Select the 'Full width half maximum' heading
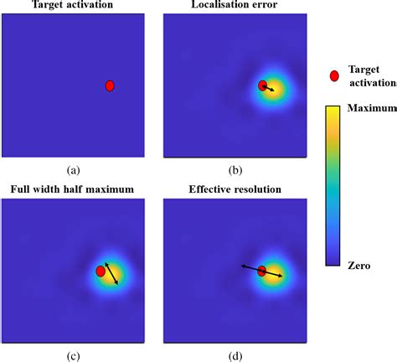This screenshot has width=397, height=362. click(x=72, y=189)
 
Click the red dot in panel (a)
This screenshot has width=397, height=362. click(x=110, y=85)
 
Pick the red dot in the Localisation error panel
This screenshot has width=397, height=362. click(x=262, y=85)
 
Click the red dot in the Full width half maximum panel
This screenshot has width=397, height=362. click(x=101, y=271)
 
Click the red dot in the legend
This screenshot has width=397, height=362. click(x=334, y=76)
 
